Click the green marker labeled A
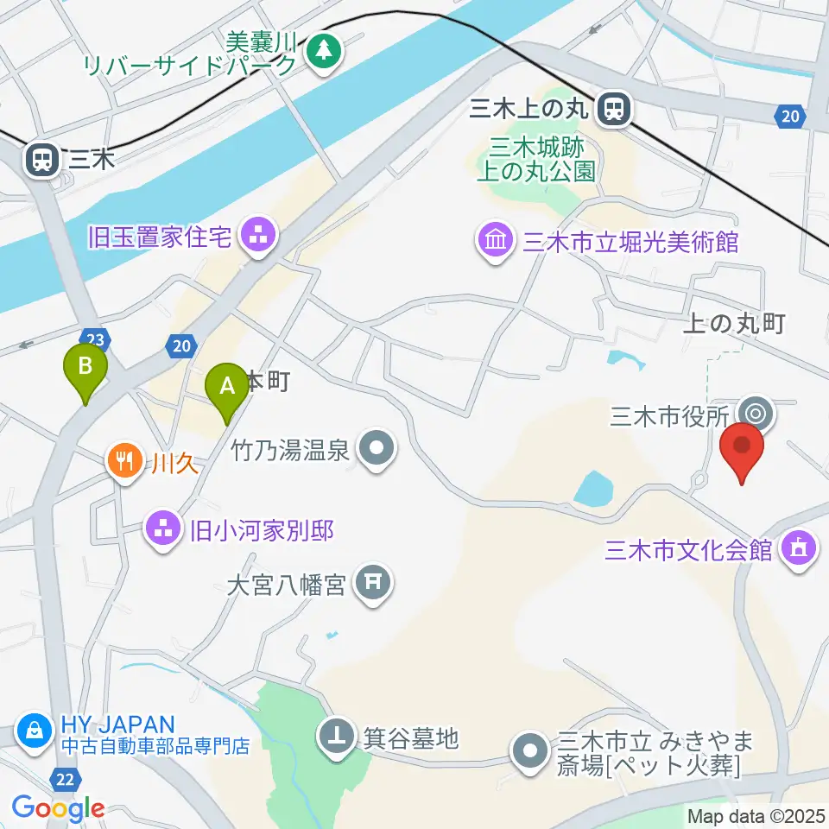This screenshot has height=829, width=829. tap(228, 386)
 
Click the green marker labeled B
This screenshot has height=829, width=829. tap(85, 367)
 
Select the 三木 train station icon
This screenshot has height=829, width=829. tap(41, 159)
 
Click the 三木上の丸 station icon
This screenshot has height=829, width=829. tap(615, 108)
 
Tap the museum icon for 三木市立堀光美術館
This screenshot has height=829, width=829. tap(496, 239)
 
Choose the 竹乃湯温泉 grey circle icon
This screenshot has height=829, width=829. tap(377, 449)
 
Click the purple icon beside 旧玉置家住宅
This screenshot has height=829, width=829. tap(257, 235)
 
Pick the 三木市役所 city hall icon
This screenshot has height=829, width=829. tap(756, 414)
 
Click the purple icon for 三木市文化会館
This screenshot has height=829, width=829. tap(797, 548)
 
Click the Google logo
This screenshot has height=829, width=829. tap(59, 808)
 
